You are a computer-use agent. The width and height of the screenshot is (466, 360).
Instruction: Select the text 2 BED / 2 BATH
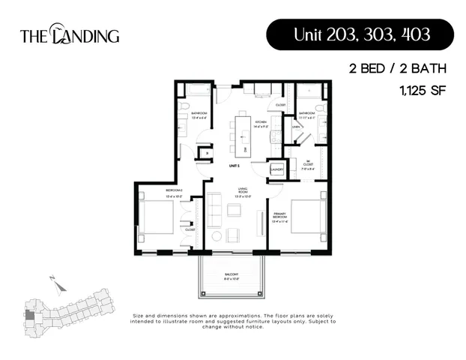click(x=397, y=68)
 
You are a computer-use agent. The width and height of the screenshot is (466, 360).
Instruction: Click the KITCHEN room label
click(x=261, y=123)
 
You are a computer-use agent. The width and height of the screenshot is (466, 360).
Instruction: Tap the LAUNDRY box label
click(x=276, y=169)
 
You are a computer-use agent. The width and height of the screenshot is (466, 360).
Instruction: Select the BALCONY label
click(x=231, y=275)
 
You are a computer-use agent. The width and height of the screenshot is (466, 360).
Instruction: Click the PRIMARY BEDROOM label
click(x=281, y=217)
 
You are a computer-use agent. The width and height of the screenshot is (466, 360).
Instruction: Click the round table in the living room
click(x=217, y=235)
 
